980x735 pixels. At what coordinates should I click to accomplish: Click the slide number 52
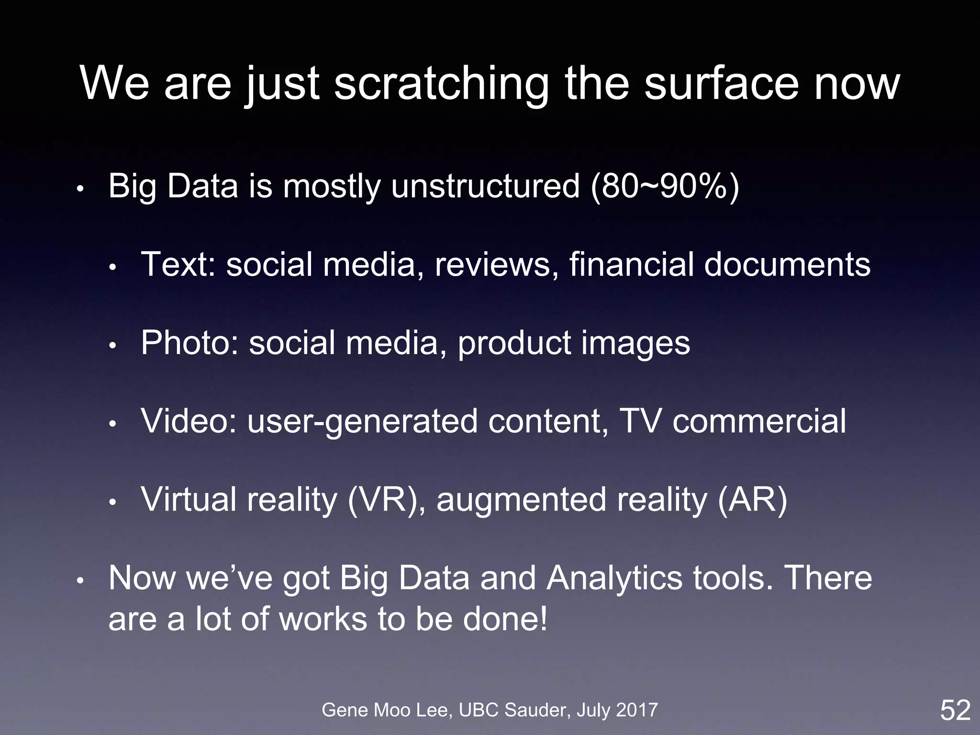coord(955,710)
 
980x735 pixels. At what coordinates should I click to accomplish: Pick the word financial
coord(631,264)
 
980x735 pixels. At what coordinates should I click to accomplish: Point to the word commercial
coord(759,421)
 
